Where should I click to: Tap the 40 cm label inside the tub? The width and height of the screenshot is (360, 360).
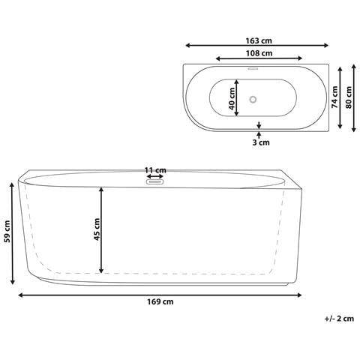[x=233, y=97]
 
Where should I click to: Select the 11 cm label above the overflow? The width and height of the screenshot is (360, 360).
[x=156, y=169]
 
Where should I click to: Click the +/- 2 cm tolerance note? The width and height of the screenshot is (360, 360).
[x=339, y=318]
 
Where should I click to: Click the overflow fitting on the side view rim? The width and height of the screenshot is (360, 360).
[x=156, y=181]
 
